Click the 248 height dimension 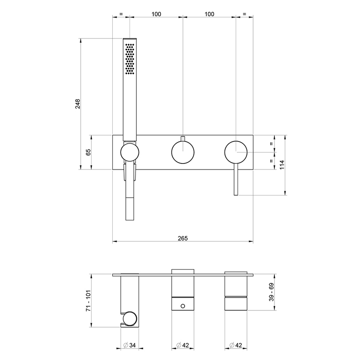(78, 104)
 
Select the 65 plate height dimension (89, 152)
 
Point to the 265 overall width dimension (183, 238)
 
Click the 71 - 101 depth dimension (88, 301)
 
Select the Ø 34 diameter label (129, 345)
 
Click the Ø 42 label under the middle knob (183, 345)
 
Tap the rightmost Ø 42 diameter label (235, 345)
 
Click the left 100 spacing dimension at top (156, 14)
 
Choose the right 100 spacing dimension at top (209, 14)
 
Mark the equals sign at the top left (121, 14)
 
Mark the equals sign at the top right (244, 14)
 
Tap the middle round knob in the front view (183, 152)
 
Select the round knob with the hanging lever (236, 152)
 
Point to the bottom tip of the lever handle (236, 194)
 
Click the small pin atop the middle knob (183, 138)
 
